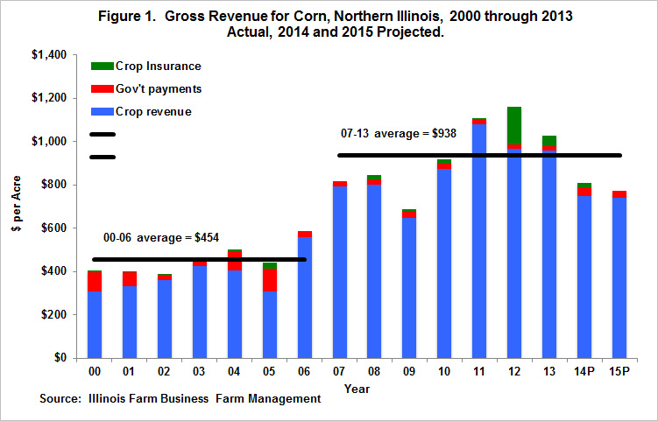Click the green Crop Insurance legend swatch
102,67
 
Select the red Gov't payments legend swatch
102,89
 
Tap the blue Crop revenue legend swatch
102,111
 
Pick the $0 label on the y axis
61,358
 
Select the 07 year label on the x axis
339,372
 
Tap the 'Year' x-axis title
357,387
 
